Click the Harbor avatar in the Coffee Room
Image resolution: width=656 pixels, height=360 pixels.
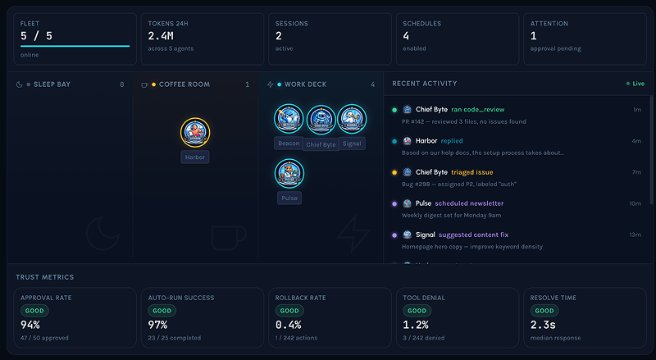pos(195,132)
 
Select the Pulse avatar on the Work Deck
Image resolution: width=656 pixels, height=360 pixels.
pos(289,173)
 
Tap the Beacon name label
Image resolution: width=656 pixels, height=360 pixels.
pos(289,143)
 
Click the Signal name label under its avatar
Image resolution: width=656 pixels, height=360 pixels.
pos(352,143)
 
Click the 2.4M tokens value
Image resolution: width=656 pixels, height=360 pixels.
pos(162,36)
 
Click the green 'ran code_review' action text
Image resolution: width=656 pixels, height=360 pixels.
pos(477,109)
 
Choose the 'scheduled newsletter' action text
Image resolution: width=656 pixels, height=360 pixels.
pos(469,203)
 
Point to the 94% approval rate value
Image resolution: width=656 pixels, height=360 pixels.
pos(30,325)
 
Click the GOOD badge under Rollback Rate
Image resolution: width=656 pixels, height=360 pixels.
pos(289,311)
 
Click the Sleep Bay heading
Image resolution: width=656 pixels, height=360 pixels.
pos(52,84)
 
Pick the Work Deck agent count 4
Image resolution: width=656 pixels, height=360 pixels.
pos(372,84)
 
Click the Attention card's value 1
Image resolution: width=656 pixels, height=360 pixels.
pos(534,36)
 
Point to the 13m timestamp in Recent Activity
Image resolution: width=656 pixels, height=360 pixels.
pos(635,235)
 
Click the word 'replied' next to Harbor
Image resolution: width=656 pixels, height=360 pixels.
pos(451,141)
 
